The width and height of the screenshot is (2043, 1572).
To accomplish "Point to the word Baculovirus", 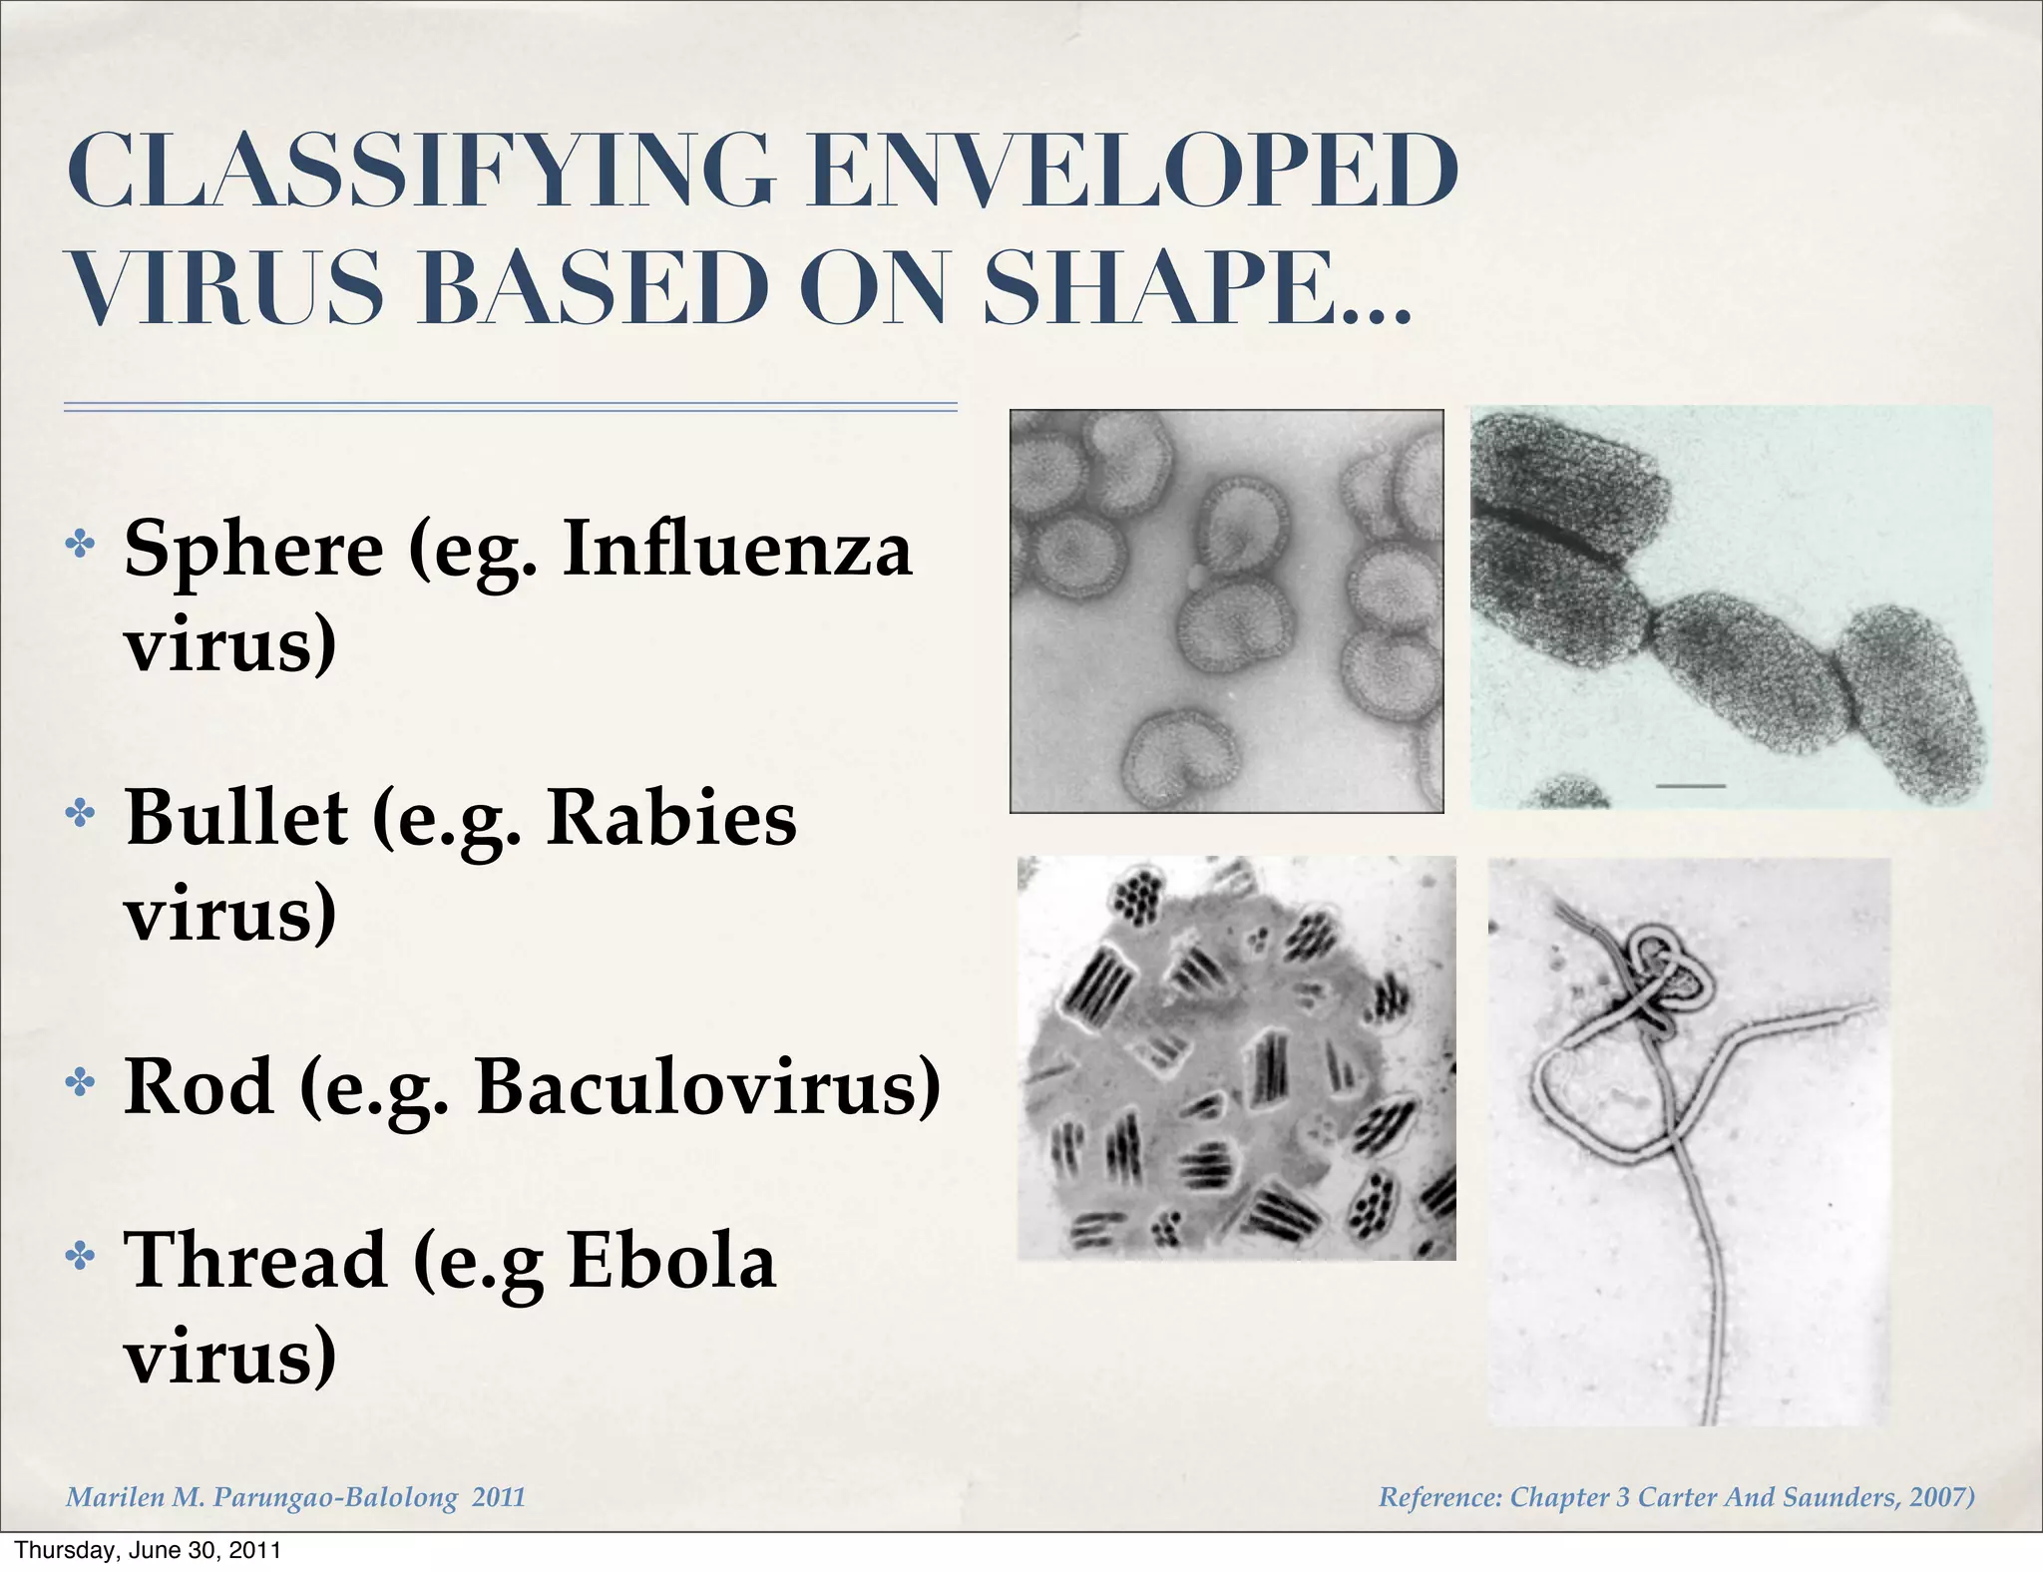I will (x=708, y=1086).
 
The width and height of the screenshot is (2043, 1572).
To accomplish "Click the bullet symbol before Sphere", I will (x=80, y=545).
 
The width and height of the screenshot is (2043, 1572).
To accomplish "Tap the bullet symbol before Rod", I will (x=80, y=1081).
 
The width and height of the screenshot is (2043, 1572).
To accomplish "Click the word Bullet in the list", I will (x=236, y=819).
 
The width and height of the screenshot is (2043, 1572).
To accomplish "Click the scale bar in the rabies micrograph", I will (x=1690, y=786).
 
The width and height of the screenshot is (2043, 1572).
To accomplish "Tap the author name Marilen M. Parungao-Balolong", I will (x=261, y=1497).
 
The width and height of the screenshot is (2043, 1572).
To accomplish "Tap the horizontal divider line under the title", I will (x=510, y=407).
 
